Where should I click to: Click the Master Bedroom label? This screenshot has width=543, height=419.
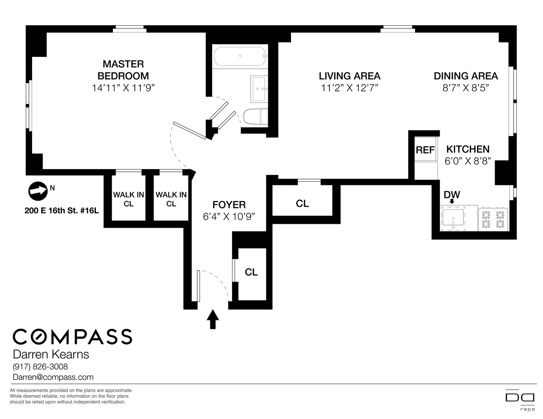point(123,70)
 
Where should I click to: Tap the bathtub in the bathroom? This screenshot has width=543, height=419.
point(240,56)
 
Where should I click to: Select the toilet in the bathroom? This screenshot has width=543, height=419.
point(255,117)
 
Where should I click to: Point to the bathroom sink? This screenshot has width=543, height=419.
point(259,89)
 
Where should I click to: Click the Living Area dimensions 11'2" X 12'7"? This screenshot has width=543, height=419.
point(349,88)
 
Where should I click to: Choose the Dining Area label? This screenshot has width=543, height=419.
point(466,76)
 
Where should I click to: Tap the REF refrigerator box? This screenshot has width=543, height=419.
point(425,149)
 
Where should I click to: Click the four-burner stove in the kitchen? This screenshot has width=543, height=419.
point(493,218)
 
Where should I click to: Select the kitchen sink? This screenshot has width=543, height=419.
point(453,219)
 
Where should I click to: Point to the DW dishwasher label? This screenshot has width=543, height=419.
point(452,195)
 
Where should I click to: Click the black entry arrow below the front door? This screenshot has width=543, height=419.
point(213,319)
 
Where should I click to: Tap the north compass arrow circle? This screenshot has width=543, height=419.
point(38,191)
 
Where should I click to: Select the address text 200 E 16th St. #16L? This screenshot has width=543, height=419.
point(62,211)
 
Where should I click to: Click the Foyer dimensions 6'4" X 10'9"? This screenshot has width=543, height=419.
point(229,217)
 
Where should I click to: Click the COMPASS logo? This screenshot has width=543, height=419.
point(72,337)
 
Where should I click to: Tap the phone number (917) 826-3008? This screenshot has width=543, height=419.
point(40,367)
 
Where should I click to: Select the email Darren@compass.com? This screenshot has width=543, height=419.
point(53,377)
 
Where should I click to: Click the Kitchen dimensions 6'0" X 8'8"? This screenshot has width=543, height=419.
point(468,161)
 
